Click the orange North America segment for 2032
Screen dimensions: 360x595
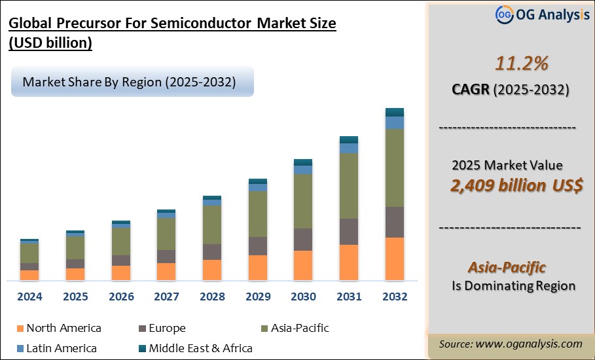(394, 259)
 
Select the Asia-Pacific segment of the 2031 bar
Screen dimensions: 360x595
(349, 186)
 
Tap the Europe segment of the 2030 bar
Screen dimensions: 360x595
(303, 240)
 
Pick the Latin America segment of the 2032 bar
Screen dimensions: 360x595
(394, 122)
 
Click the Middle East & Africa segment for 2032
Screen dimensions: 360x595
(394, 112)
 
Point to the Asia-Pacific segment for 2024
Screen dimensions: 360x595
(29, 253)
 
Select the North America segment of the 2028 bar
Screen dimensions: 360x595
(212, 270)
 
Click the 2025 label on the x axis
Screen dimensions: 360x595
(75, 297)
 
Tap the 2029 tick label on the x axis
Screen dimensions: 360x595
(258, 297)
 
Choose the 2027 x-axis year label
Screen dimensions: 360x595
(166, 297)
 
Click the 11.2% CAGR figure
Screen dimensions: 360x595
(513, 63)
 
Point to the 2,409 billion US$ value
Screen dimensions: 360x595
(516, 185)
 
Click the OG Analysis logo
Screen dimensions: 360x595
(543, 14)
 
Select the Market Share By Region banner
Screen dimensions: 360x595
(131, 82)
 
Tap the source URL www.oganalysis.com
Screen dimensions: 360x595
(528, 344)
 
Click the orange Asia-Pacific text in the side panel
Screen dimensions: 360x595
(507, 267)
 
